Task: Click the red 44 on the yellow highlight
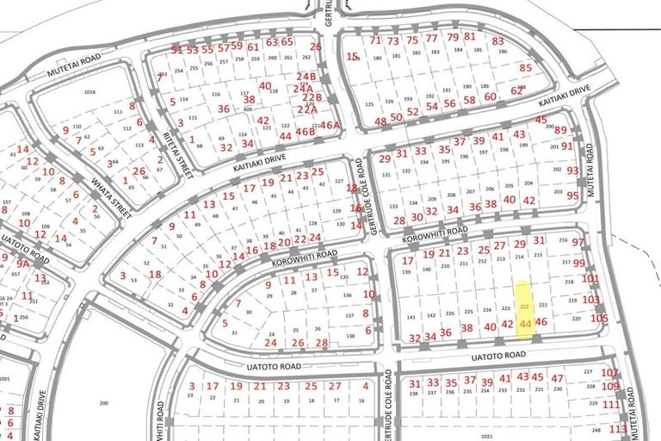pos(526,323)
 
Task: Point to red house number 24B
pos(306,76)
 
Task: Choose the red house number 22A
pos(308,109)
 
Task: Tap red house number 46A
pos(330,125)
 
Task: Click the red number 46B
pos(306,132)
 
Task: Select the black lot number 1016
pos(89,92)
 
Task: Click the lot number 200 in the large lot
pos(105,403)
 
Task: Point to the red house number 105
pos(599,318)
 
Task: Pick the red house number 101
pos(590,278)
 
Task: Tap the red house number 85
pos(526,67)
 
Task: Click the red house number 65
pos(287,41)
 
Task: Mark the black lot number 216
pos(564,240)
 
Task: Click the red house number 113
pos(617,429)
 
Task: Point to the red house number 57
pos(223,48)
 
